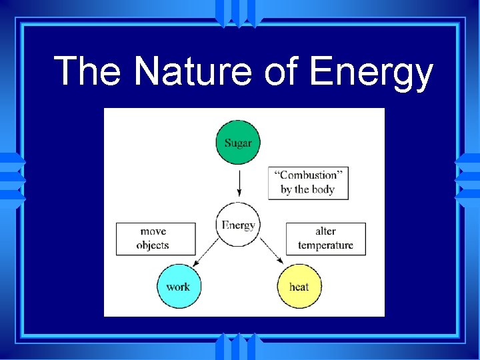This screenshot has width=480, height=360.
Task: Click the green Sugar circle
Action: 238,142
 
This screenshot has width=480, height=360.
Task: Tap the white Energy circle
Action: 238,225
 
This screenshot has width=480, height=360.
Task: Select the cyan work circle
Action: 178,286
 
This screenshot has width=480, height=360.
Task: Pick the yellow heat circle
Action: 299,286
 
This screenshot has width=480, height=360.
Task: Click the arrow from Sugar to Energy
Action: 238,183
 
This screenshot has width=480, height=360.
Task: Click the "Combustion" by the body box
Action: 307,182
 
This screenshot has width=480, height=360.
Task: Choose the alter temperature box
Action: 325,238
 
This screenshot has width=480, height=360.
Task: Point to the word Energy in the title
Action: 371,73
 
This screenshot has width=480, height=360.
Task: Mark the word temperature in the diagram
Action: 325,245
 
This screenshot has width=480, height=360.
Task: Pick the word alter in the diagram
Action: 325,231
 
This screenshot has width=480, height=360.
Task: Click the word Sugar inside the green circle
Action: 238,143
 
